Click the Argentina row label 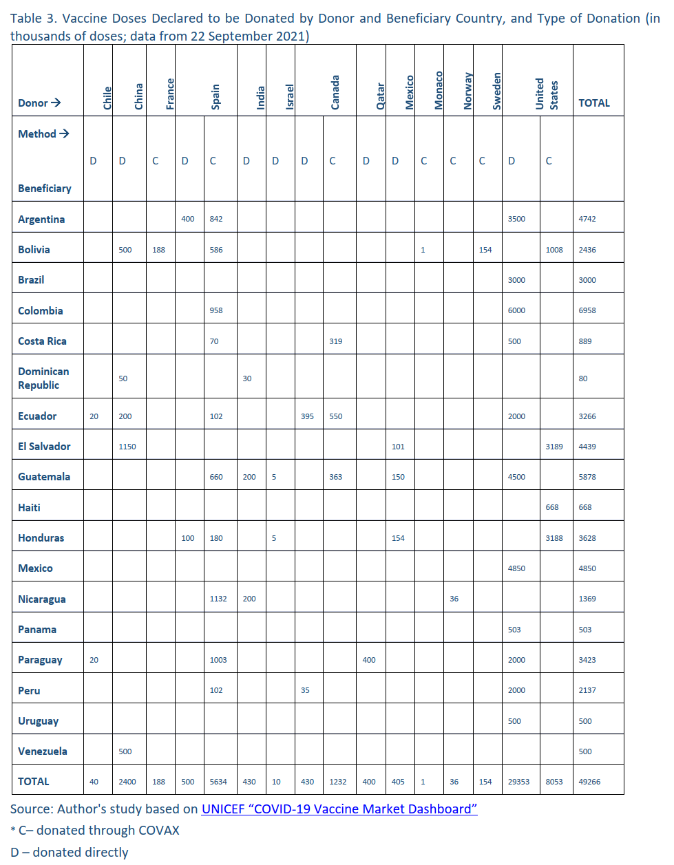(41, 219)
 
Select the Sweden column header (497, 91)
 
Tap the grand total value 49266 (589, 782)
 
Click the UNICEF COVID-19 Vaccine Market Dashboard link (339, 809)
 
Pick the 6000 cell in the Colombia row (516, 310)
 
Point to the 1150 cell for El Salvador (127, 447)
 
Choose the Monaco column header (439, 90)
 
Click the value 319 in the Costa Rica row (335, 341)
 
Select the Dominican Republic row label (43, 378)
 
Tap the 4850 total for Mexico (587, 568)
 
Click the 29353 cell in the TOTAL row (518, 782)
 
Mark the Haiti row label (29, 507)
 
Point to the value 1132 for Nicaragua (218, 599)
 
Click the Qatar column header (380, 96)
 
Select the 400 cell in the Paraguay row (369, 660)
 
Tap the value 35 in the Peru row (305, 690)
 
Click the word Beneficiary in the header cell (45, 189)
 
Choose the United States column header (547, 94)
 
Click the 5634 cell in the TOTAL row (218, 782)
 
